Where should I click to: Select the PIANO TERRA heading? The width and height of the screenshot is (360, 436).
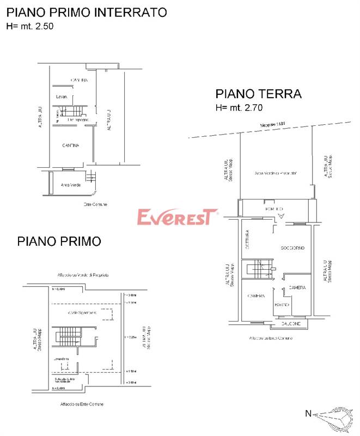pos(258,94)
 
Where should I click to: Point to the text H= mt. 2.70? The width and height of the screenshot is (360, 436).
pos(239,108)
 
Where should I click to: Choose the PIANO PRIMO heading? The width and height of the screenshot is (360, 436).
pos(59,240)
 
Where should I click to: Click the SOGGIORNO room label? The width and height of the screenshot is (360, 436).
pos(292,248)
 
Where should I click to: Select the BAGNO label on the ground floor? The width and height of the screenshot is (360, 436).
pos(282,304)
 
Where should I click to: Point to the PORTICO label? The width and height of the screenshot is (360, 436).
pos(274,209)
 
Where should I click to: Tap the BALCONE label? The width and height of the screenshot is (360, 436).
pos(276,324)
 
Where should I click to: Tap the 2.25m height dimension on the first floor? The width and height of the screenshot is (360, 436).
pos(131,336)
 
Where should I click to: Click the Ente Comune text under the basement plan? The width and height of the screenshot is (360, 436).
pos(95,204)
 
